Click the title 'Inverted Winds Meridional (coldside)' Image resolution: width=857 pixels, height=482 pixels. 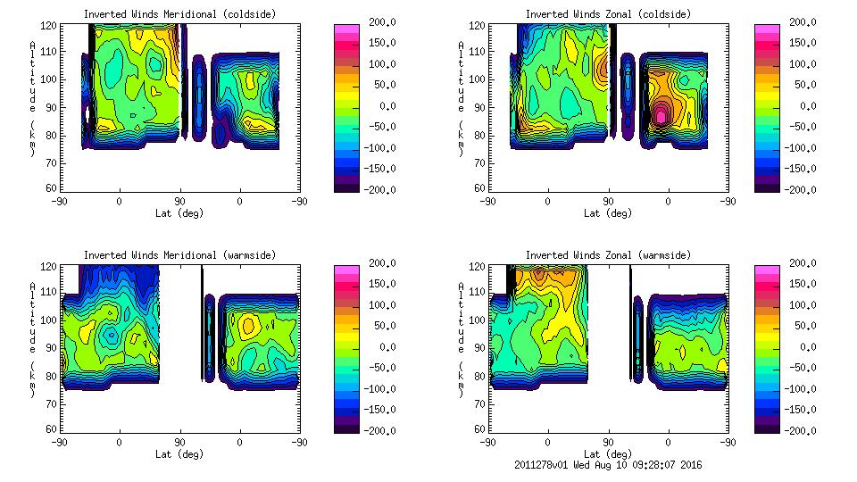[179, 13]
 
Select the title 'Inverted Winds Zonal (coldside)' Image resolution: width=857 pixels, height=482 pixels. [608, 13]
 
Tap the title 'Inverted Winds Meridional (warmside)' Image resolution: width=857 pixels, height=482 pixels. [179, 254]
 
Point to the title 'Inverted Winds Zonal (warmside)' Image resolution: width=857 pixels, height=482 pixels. [608, 254]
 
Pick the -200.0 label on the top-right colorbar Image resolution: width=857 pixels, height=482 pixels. [802, 189]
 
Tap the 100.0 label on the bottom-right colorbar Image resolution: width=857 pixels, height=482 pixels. [802, 305]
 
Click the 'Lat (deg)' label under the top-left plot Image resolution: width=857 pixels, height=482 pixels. [179, 212]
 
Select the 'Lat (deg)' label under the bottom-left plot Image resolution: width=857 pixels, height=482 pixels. [179, 453]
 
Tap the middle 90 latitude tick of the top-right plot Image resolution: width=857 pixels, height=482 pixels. [608, 201]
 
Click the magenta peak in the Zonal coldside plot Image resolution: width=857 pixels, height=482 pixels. [661, 115]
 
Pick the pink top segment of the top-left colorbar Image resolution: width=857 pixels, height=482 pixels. [345, 28]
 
